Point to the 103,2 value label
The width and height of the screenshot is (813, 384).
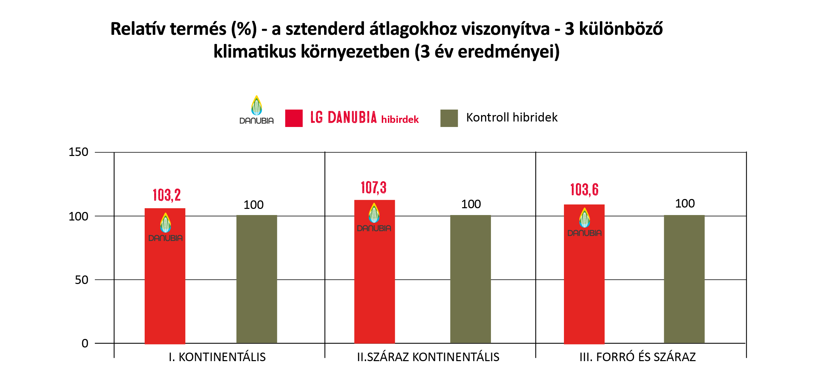click(166, 195)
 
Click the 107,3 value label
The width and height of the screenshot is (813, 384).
click(374, 188)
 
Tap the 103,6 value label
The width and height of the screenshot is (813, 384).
click(584, 190)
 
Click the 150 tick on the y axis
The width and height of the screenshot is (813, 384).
click(78, 152)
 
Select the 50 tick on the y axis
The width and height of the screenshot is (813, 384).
click(82, 280)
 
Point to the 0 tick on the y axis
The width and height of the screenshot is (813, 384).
click(85, 343)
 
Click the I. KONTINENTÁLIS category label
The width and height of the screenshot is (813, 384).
click(217, 357)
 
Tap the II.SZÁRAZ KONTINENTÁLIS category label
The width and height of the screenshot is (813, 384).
click(428, 357)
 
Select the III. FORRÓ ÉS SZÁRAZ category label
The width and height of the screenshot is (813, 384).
click(637, 357)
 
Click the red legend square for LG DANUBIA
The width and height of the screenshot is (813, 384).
click(294, 118)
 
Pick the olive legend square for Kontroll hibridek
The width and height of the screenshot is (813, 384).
click(449, 118)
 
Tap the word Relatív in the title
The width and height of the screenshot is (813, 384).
click(138, 29)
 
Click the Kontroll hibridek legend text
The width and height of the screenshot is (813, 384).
click(512, 117)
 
